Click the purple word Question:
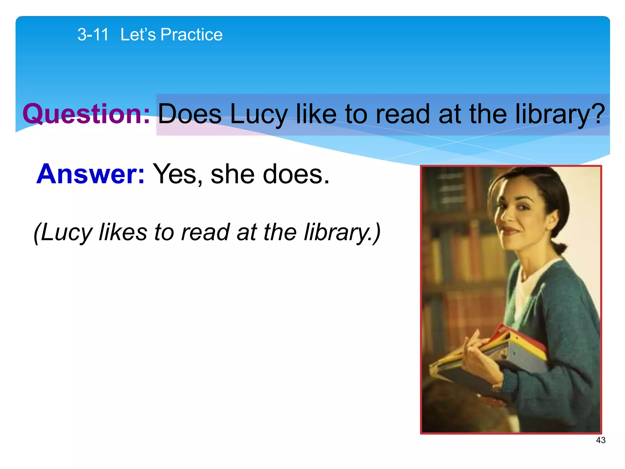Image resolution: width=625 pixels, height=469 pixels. tap(86, 114)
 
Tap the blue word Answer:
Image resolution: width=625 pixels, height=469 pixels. tap(90, 174)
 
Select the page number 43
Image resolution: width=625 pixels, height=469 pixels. tap(601, 440)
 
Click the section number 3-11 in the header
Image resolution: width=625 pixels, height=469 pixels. tap(93, 35)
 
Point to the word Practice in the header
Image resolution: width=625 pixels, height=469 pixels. tap(191, 35)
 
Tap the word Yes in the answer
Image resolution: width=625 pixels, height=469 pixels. tap(174, 174)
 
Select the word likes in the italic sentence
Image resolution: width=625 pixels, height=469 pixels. tap(123, 232)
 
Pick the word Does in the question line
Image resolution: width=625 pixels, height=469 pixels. tap(190, 114)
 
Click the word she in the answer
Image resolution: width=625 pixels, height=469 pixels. tap(233, 174)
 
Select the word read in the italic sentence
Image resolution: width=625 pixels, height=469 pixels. tap(205, 232)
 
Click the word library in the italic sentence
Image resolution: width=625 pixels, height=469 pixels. tap(336, 232)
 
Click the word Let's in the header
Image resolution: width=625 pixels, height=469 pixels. tap(138, 35)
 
